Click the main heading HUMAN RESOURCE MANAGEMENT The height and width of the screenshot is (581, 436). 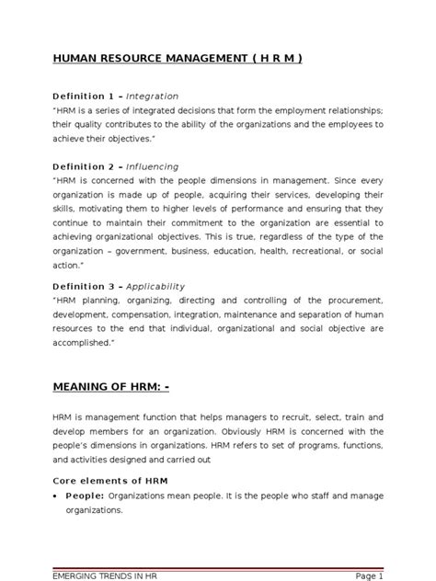[x=176, y=59]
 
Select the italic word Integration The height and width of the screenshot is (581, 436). [x=152, y=96]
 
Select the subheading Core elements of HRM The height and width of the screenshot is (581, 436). [x=109, y=480]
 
